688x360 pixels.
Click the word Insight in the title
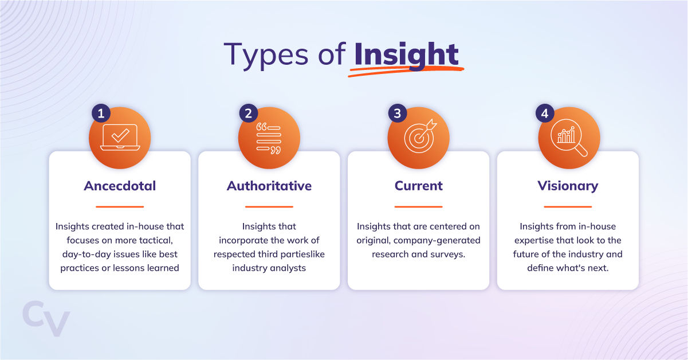[406, 56]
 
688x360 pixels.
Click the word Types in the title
[266, 56]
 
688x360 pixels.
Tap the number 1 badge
[101, 114]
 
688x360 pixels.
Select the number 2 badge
[249, 114]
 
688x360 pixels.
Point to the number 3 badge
[398, 114]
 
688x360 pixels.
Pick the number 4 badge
[545, 114]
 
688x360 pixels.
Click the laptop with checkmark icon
[120, 138]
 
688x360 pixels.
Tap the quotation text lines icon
[269, 138]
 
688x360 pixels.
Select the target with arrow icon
[420, 136]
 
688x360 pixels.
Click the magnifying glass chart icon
[569, 138]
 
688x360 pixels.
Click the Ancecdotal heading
[120, 186]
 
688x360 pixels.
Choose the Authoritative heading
[269, 186]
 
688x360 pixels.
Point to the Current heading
[418, 186]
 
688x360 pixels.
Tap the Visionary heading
[568, 186]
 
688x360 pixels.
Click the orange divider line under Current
[418, 206]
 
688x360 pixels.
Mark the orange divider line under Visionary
[568, 206]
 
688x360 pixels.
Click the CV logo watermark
[46, 319]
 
